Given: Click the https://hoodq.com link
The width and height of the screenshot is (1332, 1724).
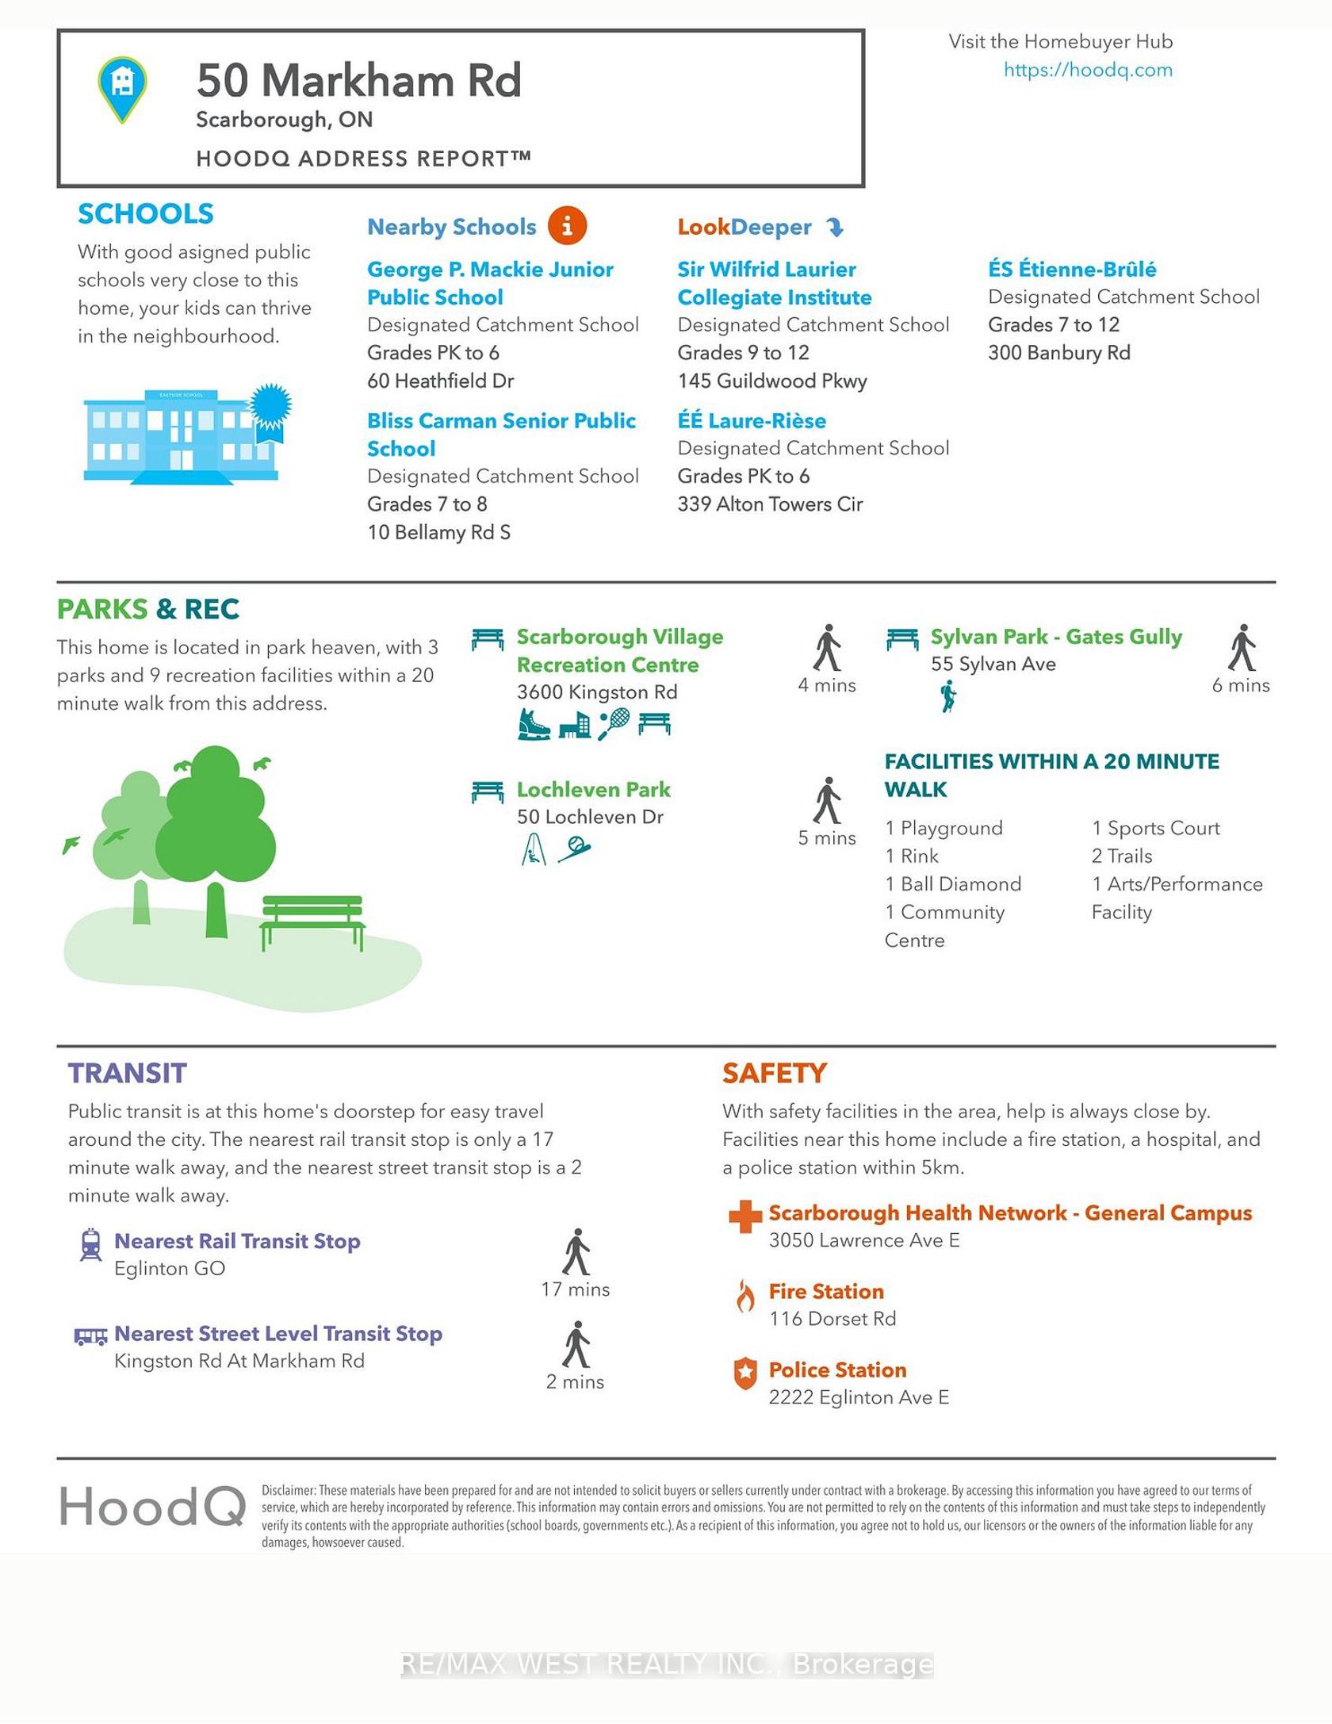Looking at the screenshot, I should point(1087,70).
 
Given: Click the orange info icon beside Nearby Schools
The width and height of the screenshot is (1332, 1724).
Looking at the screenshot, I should point(567,226).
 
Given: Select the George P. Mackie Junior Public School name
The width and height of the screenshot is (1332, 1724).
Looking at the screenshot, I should point(489,283).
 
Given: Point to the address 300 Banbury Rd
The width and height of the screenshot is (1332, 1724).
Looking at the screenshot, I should point(1058,353).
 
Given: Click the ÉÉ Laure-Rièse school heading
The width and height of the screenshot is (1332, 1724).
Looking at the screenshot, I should point(751,420).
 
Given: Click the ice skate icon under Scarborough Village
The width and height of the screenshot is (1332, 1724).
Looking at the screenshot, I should point(534,724).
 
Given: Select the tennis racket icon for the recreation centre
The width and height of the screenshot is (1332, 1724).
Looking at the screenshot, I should point(614,723).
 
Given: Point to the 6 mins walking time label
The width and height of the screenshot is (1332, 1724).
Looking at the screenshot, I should point(1240,685).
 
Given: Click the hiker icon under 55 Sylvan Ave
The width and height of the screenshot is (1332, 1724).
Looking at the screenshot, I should point(947,697).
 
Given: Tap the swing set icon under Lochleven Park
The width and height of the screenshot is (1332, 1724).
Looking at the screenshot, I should point(534,851).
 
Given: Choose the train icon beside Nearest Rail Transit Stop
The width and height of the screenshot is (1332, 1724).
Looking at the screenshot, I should point(90,1244).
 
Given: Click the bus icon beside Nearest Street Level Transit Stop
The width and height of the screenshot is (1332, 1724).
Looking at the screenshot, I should point(90,1336).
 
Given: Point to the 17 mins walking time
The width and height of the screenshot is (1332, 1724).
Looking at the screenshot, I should point(575,1289).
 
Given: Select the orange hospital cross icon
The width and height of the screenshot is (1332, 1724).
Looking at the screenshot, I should point(744,1216).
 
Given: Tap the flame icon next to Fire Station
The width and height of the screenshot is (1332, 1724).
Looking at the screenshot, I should point(744,1297).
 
